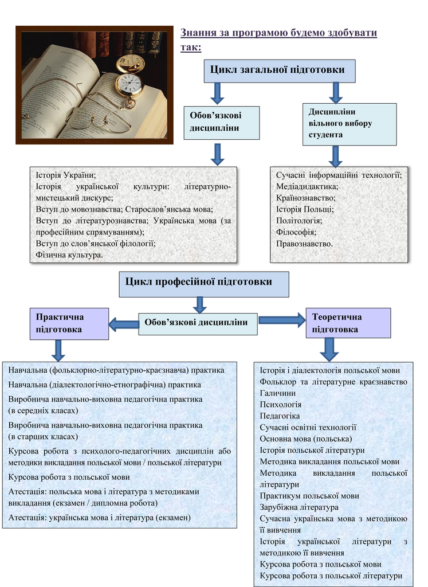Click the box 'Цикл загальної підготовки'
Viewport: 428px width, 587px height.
(x=280, y=71)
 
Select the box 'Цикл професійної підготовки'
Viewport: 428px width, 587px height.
(x=204, y=284)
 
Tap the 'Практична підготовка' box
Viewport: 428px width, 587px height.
(x=69, y=324)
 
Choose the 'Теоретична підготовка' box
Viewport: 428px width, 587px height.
(x=348, y=323)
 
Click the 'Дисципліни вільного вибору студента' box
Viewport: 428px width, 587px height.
(x=350, y=124)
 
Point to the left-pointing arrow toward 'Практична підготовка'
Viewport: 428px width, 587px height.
(x=124, y=324)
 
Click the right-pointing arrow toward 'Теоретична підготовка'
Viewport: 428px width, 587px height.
(x=282, y=320)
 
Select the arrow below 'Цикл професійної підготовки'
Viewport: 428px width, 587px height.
(x=200, y=305)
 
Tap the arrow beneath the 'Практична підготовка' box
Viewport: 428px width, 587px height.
(x=58, y=351)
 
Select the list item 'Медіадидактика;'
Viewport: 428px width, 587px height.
(x=307, y=186)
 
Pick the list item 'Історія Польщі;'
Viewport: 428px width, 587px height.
(x=305, y=209)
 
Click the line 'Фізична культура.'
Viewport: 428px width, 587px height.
(x=69, y=255)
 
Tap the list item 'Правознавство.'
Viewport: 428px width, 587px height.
(x=304, y=244)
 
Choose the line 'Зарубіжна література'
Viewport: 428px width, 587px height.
(x=299, y=507)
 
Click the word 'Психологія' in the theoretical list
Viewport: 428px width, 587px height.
(x=281, y=405)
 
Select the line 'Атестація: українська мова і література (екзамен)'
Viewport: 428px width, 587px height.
(x=100, y=518)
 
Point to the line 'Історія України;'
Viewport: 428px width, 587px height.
(x=66, y=175)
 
